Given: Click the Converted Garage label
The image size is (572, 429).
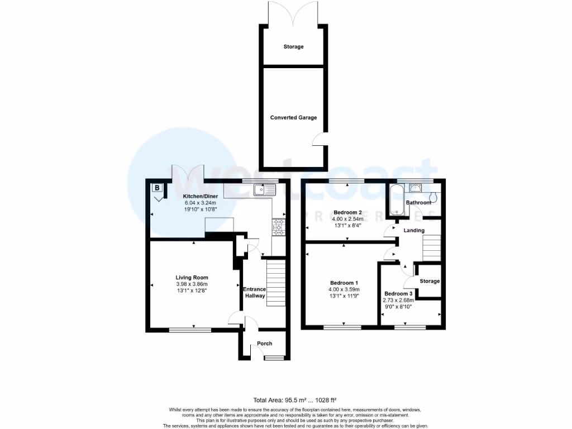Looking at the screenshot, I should pyautogui.click(x=293, y=117).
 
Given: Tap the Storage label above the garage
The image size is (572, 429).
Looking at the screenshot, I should pyautogui.click(x=293, y=46).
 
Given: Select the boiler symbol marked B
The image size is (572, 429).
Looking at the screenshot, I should pyautogui.click(x=157, y=188).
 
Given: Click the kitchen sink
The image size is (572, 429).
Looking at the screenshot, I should pyautogui.click(x=264, y=190).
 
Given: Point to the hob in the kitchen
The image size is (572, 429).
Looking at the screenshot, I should pyautogui.click(x=278, y=226).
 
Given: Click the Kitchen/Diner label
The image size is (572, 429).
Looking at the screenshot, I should pyautogui.click(x=200, y=197).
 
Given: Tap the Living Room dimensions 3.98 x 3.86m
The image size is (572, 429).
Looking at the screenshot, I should pyautogui.click(x=192, y=284).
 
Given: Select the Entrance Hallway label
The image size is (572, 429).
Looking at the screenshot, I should pyautogui.click(x=254, y=292).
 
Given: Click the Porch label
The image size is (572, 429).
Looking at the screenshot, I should pyautogui.click(x=264, y=344).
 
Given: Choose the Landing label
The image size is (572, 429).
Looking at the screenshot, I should pyautogui.click(x=415, y=230).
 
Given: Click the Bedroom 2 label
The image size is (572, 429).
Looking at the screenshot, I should pyautogui.click(x=348, y=212).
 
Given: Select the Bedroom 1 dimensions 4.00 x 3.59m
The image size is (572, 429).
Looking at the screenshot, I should pyautogui.click(x=344, y=289).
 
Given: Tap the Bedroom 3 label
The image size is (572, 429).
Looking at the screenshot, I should pyautogui.click(x=398, y=294).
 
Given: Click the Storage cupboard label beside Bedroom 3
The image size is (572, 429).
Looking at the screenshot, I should pyautogui.click(x=430, y=281).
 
